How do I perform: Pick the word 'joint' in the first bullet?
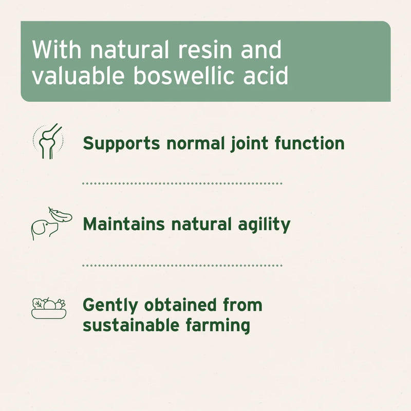[245, 143]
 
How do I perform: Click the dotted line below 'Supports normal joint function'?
[182, 183]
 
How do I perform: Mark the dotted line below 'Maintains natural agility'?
[182, 266]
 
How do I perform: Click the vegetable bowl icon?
[48, 308]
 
